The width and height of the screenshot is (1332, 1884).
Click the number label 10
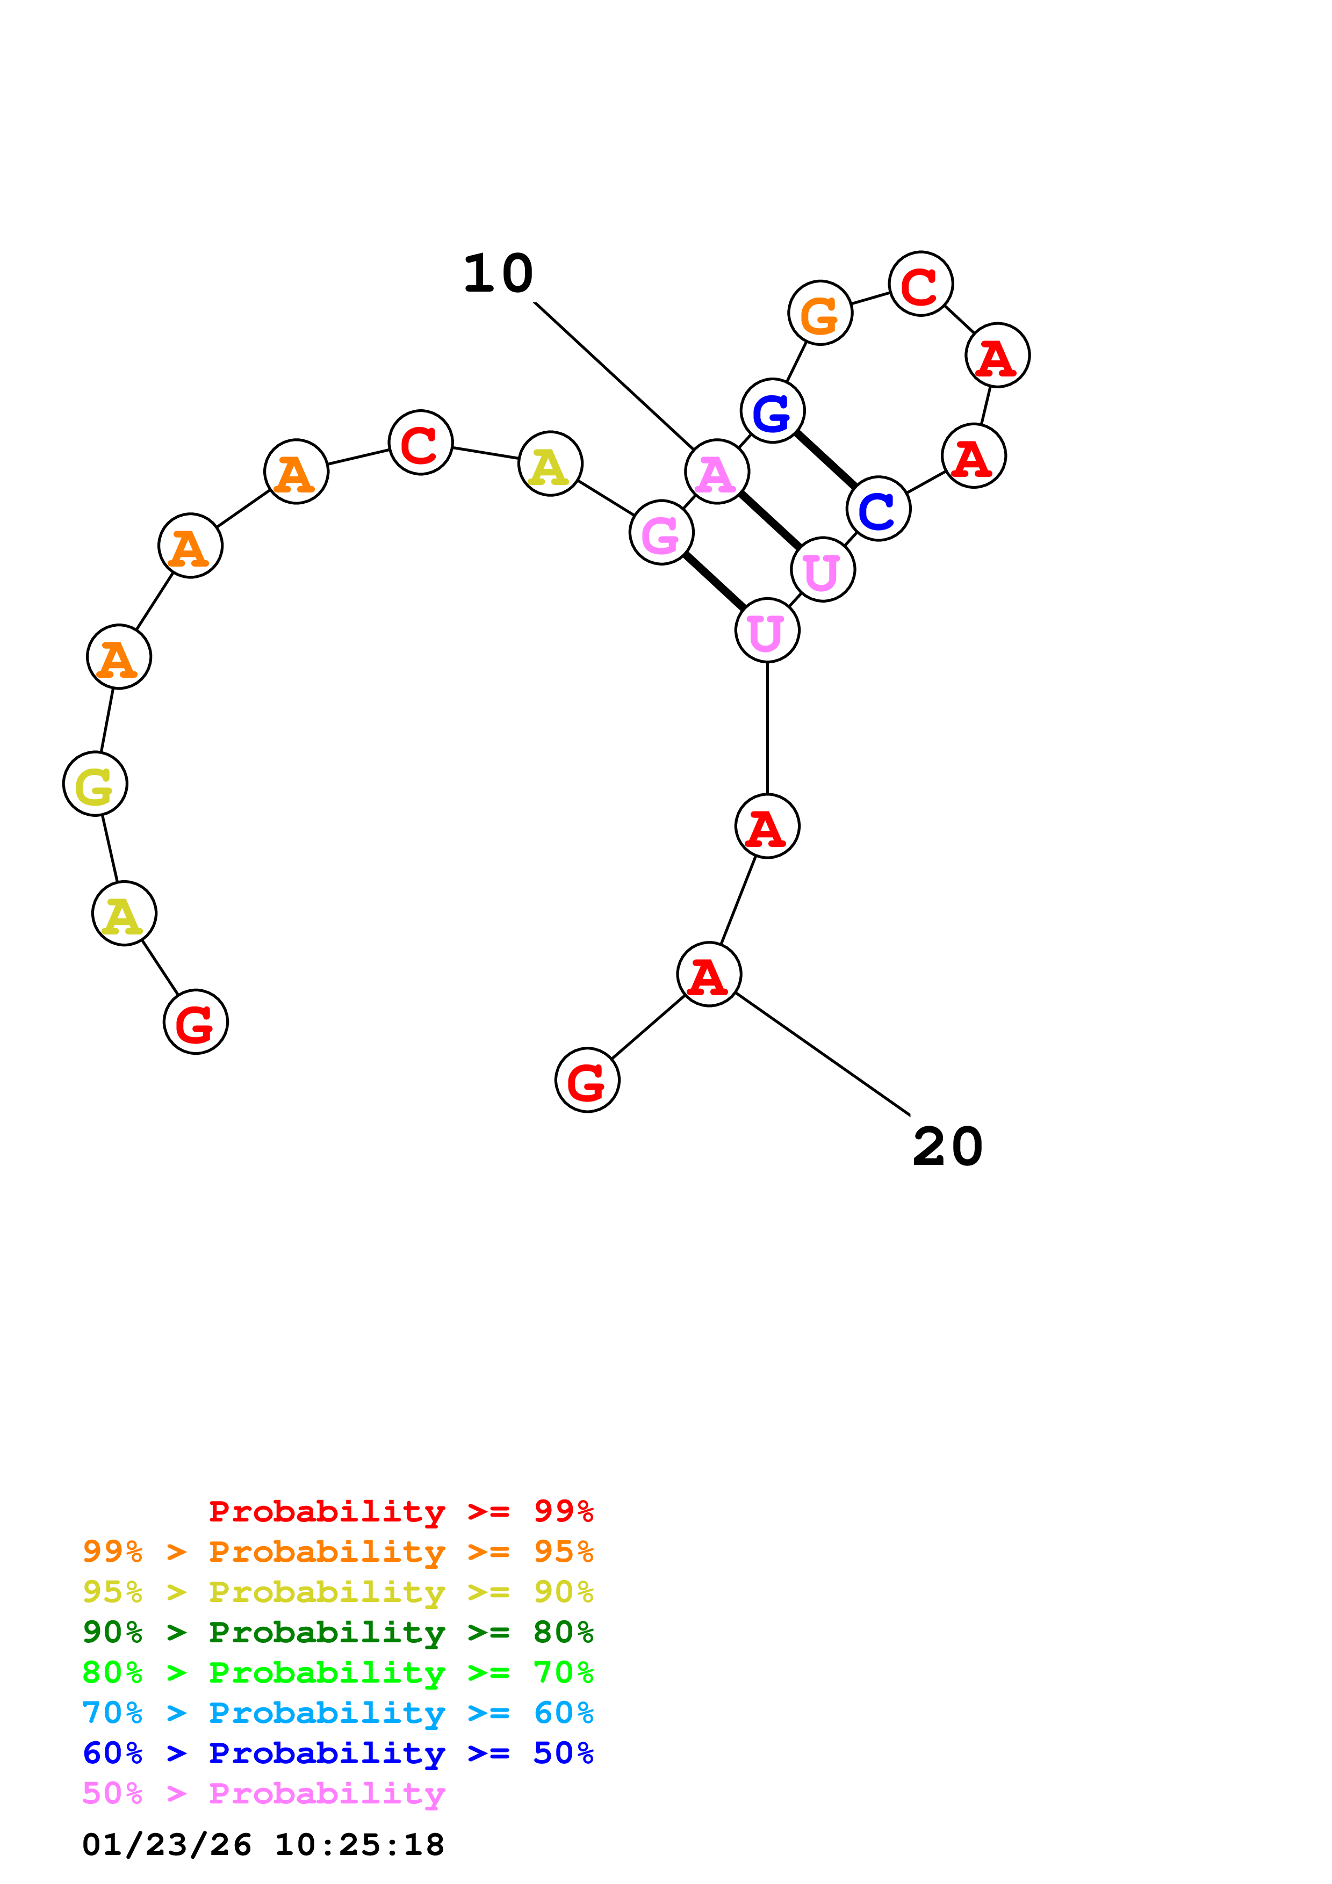[498, 273]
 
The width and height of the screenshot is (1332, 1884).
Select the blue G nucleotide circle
[772, 410]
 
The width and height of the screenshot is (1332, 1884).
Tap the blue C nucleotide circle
[878, 509]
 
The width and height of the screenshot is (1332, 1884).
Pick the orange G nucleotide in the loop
[820, 313]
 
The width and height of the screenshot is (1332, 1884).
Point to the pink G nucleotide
[661, 533]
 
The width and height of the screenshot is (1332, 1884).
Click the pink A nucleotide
[716, 472]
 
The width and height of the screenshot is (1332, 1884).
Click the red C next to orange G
[921, 284]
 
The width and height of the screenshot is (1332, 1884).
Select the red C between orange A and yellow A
[420, 443]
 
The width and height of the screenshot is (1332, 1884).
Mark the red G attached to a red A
[588, 1080]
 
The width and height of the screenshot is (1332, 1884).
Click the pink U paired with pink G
[767, 630]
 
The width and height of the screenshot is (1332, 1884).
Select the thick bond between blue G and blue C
[825, 460]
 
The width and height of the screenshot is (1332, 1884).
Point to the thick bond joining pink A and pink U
[770, 521]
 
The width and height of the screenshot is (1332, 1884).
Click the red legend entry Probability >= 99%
[400, 1511]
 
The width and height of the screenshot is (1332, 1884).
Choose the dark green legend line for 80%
[338, 1632]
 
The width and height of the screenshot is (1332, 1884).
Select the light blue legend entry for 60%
[338, 1713]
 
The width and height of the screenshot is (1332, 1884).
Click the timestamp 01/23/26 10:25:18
[263, 1845]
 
